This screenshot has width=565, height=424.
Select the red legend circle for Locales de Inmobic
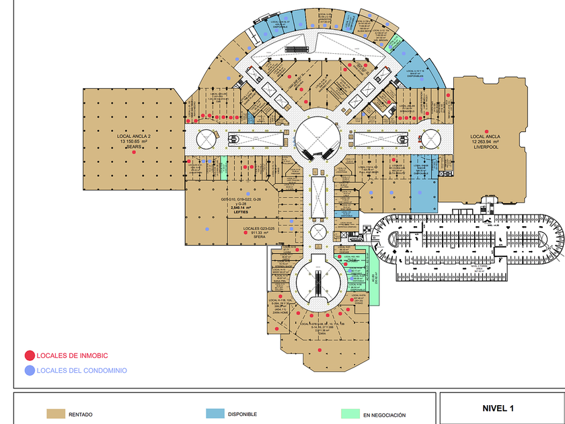click(29, 355)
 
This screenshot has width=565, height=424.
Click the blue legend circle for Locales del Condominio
click(29, 370)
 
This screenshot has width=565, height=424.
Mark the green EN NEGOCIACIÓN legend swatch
click(350, 415)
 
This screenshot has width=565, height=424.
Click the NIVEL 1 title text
click(498, 408)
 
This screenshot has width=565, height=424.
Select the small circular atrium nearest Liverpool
click(430, 139)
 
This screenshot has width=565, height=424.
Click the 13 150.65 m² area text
click(133, 141)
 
